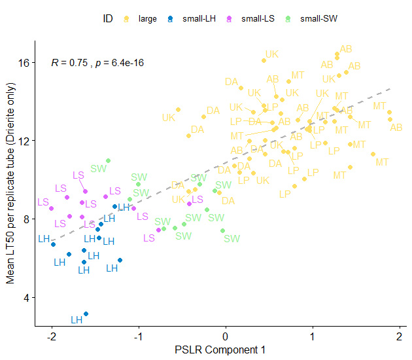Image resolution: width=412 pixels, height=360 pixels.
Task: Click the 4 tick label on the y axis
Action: coord(26,298)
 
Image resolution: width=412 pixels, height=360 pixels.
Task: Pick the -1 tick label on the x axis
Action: coord(138,336)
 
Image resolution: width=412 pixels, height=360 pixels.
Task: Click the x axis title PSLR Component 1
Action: coord(220,351)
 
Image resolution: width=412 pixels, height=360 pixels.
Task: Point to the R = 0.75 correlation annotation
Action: coord(97,63)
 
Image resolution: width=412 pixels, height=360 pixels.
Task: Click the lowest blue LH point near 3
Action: coord(86,314)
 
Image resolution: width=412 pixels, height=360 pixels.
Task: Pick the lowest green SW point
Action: coord(223,230)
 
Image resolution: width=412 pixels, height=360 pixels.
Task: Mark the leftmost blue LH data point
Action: coord(53,244)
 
